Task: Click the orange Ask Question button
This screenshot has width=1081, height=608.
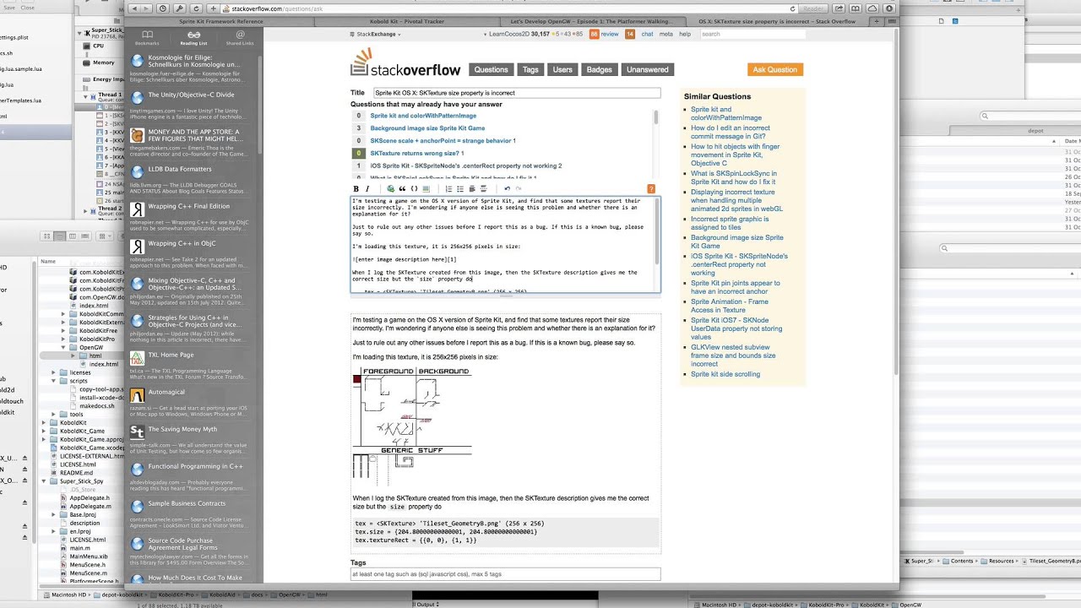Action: [x=774, y=69]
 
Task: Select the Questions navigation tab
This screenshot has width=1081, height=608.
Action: [x=491, y=69]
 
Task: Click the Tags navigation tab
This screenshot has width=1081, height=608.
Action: [x=530, y=69]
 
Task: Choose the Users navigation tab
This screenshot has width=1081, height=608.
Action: [x=562, y=69]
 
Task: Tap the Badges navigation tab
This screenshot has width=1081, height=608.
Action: [x=599, y=69]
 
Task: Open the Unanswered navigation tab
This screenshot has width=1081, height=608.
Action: [x=648, y=69]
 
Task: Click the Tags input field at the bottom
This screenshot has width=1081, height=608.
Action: [x=505, y=574]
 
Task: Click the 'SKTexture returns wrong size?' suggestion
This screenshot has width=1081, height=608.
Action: [x=416, y=154]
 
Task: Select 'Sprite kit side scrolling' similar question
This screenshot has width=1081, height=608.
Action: [x=725, y=374]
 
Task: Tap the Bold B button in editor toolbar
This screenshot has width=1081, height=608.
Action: [x=356, y=188]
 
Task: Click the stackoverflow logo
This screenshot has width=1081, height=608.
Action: [x=405, y=64]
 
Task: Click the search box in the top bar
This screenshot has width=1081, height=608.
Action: [x=752, y=35]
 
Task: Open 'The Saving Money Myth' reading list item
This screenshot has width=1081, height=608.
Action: [x=182, y=429]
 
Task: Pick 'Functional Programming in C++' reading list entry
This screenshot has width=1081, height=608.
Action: [x=195, y=466]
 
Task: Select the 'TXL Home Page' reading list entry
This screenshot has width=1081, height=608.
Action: [x=171, y=355]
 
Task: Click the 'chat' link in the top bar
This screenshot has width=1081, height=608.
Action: [x=647, y=35]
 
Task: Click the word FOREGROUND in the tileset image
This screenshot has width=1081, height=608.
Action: [x=388, y=372]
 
